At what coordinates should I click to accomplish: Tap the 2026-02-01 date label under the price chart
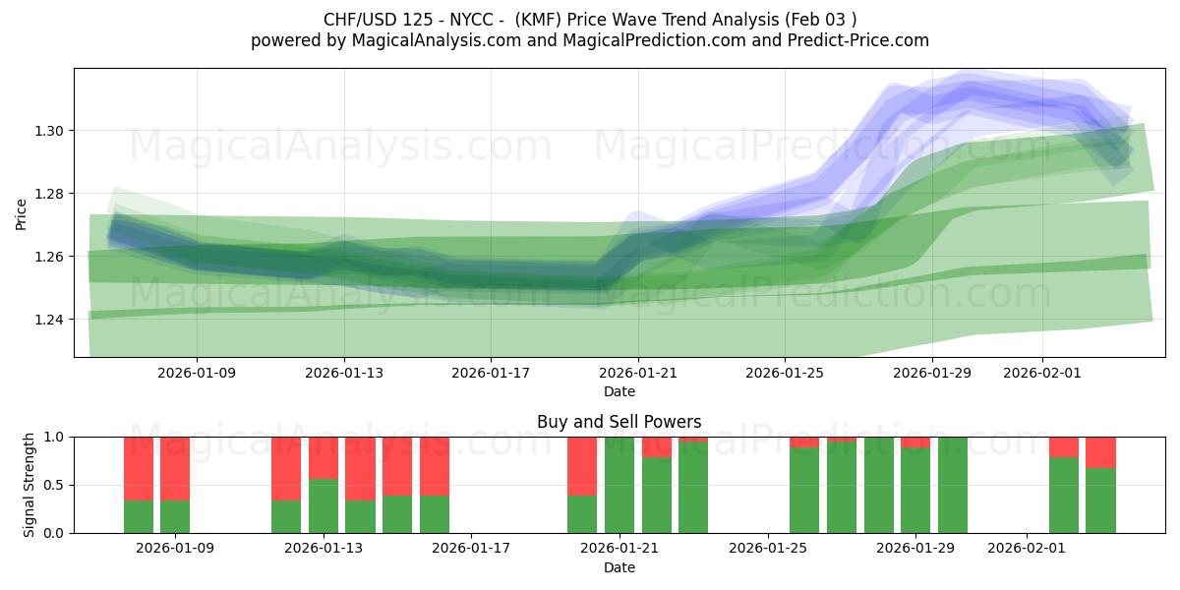pos(1042,374)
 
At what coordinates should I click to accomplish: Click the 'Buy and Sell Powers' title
pos(619,422)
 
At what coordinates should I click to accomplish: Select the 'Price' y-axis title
pos(22,213)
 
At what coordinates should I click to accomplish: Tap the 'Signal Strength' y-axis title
pos(29,485)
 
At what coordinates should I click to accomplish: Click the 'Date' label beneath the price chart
pos(619,391)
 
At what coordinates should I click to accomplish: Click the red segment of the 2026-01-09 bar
pos(175,468)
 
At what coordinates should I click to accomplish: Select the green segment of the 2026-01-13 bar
pos(324,505)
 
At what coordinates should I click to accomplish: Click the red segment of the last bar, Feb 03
pos(1101,452)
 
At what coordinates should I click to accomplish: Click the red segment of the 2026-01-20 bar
pos(582,465)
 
